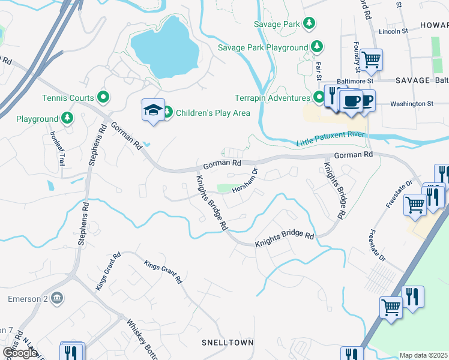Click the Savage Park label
click(x=276, y=24)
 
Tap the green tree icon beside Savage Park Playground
click(x=317, y=47)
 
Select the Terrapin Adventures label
click(x=273, y=98)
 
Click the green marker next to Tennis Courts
click(x=103, y=97)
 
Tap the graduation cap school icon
click(x=152, y=110)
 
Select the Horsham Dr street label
click(x=245, y=179)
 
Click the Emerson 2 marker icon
click(x=58, y=298)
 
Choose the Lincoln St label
click(x=393, y=31)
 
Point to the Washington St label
click(x=411, y=104)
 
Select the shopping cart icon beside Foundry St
click(x=372, y=59)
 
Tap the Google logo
click(x=20, y=352)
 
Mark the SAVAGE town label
click(x=412, y=80)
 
